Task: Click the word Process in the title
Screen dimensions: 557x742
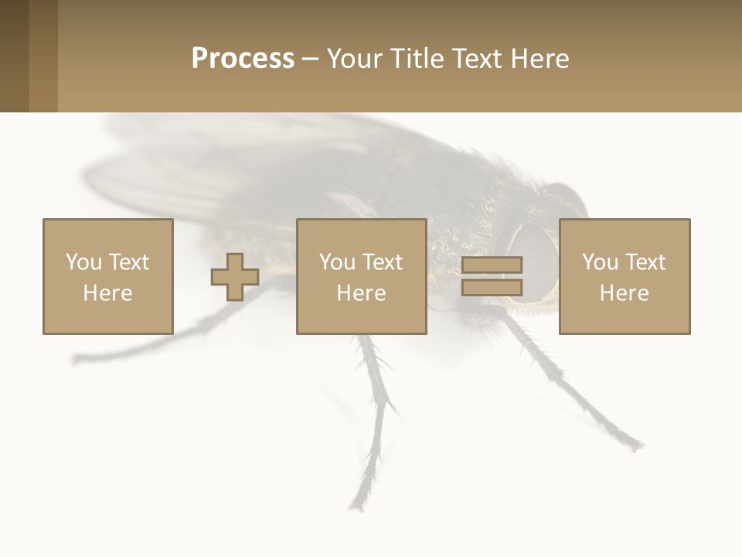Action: tap(243, 59)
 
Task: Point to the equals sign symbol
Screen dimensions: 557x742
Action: tap(492, 276)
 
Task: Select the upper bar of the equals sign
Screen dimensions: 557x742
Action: tap(492, 265)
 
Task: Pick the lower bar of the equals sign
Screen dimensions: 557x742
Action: tap(492, 288)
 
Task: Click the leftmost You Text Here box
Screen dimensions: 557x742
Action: tap(107, 276)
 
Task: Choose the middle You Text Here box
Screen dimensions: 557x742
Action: tap(361, 276)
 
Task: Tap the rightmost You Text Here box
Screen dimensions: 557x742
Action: tap(624, 276)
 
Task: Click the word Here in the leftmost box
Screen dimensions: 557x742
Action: tap(107, 293)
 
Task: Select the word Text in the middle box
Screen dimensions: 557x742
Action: tap(382, 262)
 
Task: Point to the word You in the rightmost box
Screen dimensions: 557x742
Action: tap(601, 262)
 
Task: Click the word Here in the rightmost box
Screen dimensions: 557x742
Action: tap(624, 293)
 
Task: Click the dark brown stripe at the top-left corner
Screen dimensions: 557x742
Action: tap(14, 56)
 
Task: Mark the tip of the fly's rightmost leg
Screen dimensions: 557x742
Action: tap(638, 446)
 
